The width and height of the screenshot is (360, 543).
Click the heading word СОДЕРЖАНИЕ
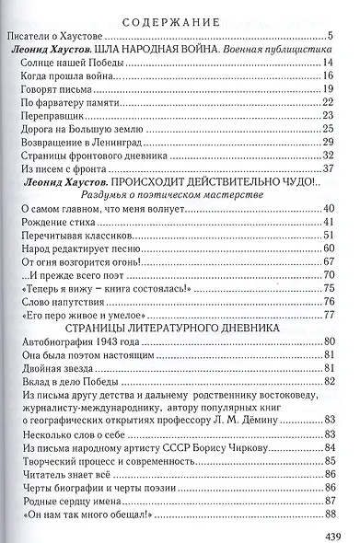[x=180, y=20]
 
